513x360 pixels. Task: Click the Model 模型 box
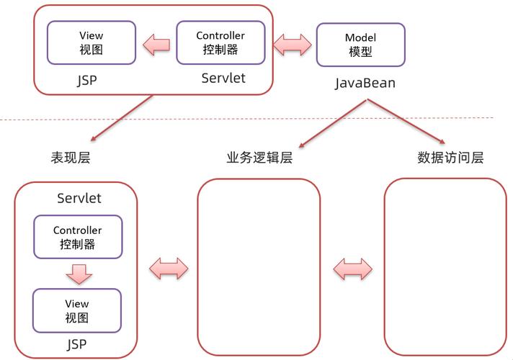click(x=361, y=44)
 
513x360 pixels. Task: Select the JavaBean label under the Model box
click(x=365, y=84)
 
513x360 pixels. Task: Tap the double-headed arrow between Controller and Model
click(x=293, y=45)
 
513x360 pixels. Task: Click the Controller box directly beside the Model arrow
click(x=220, y=42)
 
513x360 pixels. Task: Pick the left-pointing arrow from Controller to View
click(x=156, y=45)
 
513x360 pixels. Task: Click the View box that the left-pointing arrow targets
click(x=91, y=42)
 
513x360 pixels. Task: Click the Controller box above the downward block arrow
click(x=78, y=237)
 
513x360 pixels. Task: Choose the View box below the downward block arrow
click(x=76, y=310)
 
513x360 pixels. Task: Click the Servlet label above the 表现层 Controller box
click(x=79, y=198)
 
